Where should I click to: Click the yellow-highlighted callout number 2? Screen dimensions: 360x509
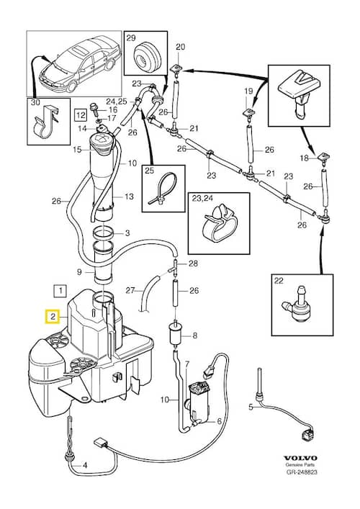click(x=53, y=317)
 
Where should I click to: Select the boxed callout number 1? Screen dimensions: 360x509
click(x=60, y=291)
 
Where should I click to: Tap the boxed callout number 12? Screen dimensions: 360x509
click(x=81, y=114)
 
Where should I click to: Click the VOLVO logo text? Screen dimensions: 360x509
click(x=300, y=458)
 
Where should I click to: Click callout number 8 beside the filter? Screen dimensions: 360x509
click(x=195, y=335)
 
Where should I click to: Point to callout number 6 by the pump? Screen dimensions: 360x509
click(x=220, y=421)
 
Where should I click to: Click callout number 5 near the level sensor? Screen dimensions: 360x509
click(x=251, y=406)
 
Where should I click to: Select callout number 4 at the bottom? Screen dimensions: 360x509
click(x=85, y=465)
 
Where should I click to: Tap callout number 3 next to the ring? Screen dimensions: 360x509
click(x=127, y=233)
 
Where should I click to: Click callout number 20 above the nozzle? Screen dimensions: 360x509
click(x=180, y=47)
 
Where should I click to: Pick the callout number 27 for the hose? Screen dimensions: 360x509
click(x=130, y=290)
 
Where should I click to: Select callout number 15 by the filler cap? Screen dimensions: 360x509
click(x=77, y=150)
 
